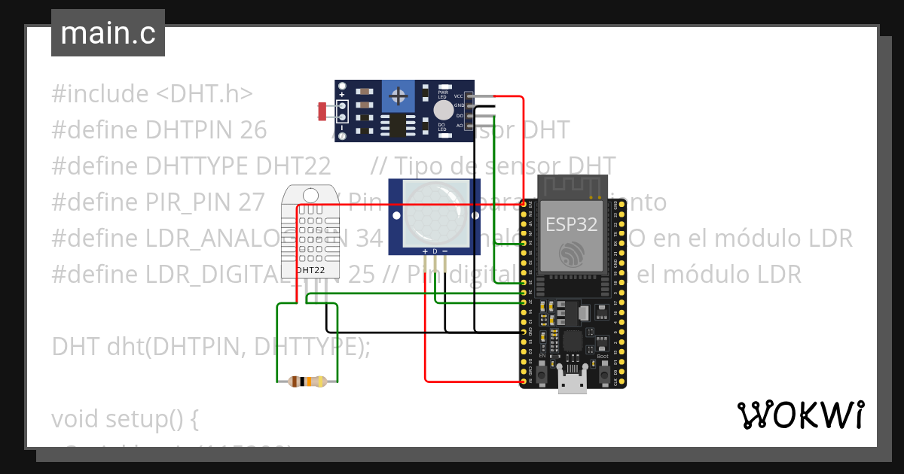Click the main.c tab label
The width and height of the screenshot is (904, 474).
(x=108, y=34)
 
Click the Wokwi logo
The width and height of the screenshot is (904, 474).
(x=800, y=415)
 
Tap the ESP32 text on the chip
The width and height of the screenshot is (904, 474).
(x=571, y=223)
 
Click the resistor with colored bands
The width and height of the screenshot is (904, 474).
(x=302, y=381)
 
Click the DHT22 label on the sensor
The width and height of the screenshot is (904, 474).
(x=310, y=269)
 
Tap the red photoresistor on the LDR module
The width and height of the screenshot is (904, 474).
(x=322, y=112)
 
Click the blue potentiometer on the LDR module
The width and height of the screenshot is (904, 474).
(x=399, y=96)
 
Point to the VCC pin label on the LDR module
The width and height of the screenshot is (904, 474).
(x=458, y=96)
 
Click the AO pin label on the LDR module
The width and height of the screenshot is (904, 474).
(x=459, y=125)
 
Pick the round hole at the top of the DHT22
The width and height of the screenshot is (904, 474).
(x=311, y=194)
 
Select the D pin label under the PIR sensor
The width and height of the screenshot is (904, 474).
(x=435, y=251)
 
